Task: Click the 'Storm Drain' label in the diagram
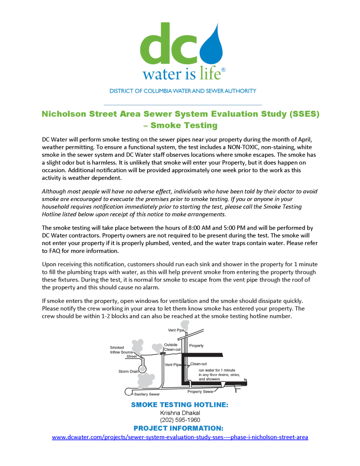point(128,372)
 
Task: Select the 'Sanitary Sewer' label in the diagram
point(147,394)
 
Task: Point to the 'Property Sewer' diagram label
point(201,392)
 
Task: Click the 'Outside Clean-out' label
point(172,347)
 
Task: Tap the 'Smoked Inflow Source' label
point(122,350)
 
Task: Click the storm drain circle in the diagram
point(143,369)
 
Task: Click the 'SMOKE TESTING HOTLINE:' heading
point(179,405)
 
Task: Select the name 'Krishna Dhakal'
point(180,413)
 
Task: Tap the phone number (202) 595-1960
point(180,420)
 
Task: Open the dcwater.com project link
point(180,437)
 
